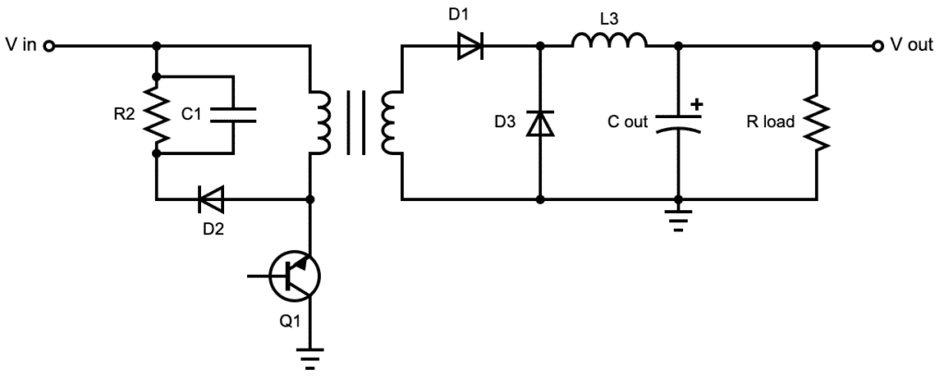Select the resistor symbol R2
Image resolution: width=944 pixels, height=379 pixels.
(158, 114)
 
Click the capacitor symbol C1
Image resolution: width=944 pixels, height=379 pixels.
(233, 114)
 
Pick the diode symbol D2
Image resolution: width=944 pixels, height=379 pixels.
(212, 198)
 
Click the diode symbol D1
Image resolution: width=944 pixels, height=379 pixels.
(471, 45)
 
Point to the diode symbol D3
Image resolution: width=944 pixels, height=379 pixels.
(539, 123)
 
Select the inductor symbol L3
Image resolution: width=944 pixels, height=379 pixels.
(608, 40)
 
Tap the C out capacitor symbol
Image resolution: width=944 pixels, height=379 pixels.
(678, 122)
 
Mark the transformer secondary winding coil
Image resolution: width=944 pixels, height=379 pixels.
(393, 122)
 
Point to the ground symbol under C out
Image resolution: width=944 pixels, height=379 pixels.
(678, 221)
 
